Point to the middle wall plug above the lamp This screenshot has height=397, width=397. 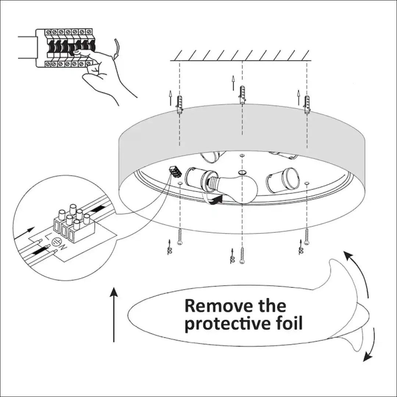click(242, 94)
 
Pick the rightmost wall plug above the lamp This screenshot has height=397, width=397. click(307, 104)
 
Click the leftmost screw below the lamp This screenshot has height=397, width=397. click(180, 236)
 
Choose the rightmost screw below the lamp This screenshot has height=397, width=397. click(307, 236)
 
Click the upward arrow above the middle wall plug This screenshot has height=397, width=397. click(233, 82)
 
